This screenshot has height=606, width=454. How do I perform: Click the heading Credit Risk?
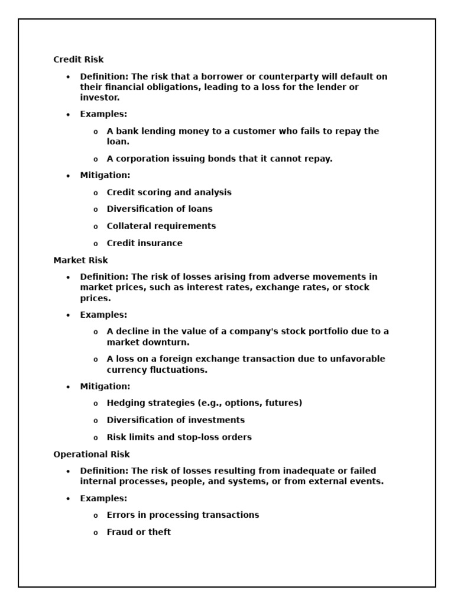click(x=79, y=60)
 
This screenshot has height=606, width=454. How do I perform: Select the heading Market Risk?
click(x=80, y=260)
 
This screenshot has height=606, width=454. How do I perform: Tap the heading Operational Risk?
click(x=92, y=454)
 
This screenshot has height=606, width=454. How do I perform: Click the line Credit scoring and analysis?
click(x=169, y=192)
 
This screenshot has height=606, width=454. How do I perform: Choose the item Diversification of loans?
click(x=160, y=209)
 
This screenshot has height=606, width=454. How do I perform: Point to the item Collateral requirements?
click(x=161, y=226)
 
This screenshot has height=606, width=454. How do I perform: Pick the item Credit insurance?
click(x=145, y=243)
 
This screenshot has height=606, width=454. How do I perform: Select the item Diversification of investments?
click(x=176, y=420)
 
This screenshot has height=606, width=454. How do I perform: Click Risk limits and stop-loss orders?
click(x=179, y=437)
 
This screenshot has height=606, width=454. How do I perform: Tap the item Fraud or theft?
click(x=139, y=532)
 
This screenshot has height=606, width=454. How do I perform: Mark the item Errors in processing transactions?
click(x=183, y=515)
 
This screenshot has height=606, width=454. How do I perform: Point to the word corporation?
click(x=142, y=159)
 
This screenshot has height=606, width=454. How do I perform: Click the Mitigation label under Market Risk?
click(x=105, y=386)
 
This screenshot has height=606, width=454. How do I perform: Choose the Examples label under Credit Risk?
click(x=103, y=114)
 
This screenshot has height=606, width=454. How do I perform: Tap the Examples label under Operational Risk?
click(x=103, y=498)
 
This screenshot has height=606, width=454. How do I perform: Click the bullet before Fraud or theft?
click(x=96, y=533)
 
